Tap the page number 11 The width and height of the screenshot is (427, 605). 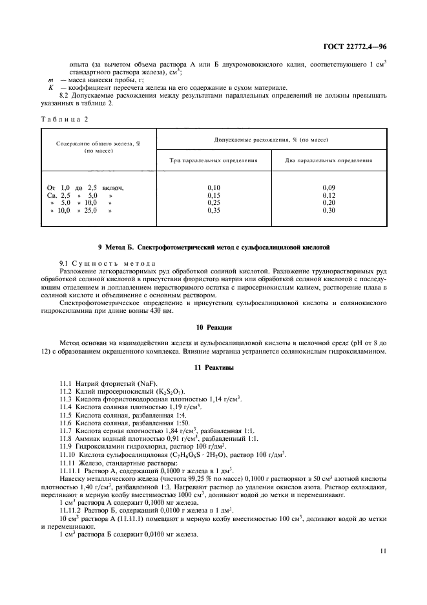click(x=383, y=551)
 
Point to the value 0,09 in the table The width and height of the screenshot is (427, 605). click(x=329, y=187)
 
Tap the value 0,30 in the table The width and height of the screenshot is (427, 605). click(x=329, y=211)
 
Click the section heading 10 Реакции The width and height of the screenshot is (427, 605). click(x=213, y=328)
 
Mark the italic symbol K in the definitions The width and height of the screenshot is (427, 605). click(x=51, y=88)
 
